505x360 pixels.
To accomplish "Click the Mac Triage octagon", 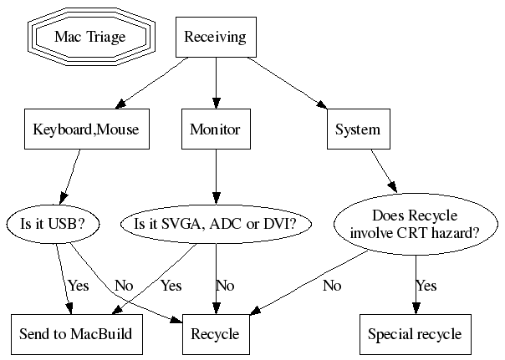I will (x=89, y=37).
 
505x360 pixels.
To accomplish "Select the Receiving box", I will (x=216, y=37).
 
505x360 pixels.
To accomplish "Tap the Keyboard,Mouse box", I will (x=85, y=129).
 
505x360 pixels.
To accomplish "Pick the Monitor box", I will (x=216, y=129).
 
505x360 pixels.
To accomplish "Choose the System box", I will (x=357, y=129).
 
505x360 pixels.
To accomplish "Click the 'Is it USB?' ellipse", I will (x=52, y=223).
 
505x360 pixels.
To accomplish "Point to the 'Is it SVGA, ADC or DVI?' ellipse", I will (x=216, y=223).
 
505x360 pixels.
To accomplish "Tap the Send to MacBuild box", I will (x=76, y=334).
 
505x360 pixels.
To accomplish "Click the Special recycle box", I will (x=415, y=334).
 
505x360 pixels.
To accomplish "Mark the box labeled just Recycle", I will (x=216, y=334).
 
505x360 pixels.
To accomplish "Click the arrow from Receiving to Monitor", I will (x=216, y=84).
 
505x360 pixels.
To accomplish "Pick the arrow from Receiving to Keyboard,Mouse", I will (x=150, y=84).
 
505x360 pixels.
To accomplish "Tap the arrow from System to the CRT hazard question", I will (x=385, y=173).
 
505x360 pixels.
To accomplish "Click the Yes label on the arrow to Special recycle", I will (x=426, y=286).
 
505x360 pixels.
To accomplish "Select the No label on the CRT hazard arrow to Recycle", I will (x=332, y=286).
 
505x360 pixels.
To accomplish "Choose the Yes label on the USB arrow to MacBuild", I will (x=79, y=286).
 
